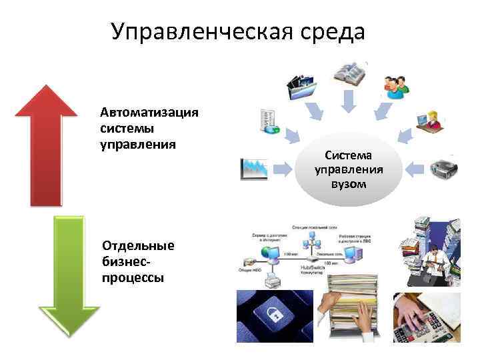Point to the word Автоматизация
click(x=149, y=111)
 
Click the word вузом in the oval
click(x=348, y=183)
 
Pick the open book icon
click(x=349, y=73)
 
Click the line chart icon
click(x=255, y=169)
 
